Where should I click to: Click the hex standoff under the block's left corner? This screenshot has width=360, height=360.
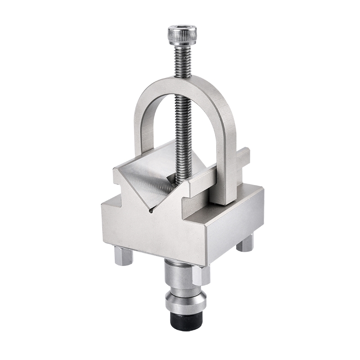(123, 255)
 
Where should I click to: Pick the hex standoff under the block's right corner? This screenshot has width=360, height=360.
(246, 243)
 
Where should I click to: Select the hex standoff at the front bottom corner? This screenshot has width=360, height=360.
(201, 274)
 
